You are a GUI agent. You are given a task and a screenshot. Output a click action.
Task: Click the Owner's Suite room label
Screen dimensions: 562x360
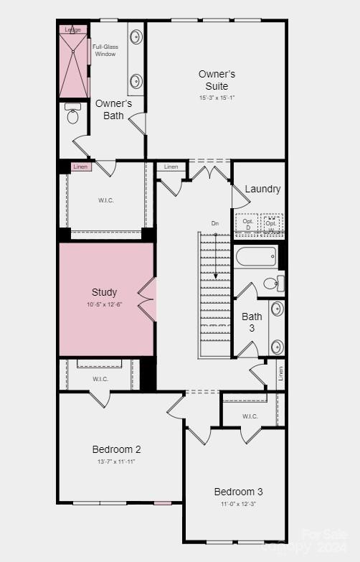[x=217, y=80]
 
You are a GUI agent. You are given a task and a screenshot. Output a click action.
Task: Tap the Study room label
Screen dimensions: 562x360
[x=104, y=292]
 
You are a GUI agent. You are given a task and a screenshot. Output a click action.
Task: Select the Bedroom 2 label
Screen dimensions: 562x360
[x=116, y=449]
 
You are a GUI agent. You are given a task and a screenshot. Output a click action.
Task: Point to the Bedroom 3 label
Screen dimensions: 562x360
[x=238, y=492]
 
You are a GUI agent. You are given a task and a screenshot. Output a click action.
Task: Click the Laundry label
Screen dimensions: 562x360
[x=262, y=189]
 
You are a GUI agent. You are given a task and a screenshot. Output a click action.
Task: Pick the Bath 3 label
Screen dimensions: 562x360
[x=252, y=322]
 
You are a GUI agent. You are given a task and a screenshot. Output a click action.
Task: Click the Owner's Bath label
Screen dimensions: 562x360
[x=113, y=109]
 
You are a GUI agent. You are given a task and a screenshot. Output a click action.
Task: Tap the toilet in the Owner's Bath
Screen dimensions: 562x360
[x=72, y=114]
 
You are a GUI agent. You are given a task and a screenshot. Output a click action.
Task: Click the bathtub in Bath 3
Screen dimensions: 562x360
[x=255, y=256]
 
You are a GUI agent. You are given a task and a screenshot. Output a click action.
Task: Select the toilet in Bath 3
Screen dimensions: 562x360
[x=273, y=283]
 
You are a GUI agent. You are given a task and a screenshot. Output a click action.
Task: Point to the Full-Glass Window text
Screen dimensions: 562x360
[x=105, y=50]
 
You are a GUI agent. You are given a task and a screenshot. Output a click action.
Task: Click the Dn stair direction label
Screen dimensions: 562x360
[x=214, y=224]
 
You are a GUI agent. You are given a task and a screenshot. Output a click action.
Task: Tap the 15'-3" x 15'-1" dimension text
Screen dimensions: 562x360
[x=217, y=98]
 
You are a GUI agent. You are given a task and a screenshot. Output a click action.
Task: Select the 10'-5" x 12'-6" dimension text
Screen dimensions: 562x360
[x=104, y=305]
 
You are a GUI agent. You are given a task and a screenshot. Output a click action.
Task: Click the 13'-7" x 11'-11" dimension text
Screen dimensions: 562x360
[x=116, y=462]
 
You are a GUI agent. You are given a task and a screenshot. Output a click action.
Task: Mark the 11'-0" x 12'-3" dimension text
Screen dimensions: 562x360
[x=238, y=504]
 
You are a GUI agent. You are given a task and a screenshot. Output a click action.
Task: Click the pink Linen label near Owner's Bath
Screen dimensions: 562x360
[x=82, y=167]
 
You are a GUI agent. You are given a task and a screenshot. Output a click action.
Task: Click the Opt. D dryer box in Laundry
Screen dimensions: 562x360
[x=247, y=223]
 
